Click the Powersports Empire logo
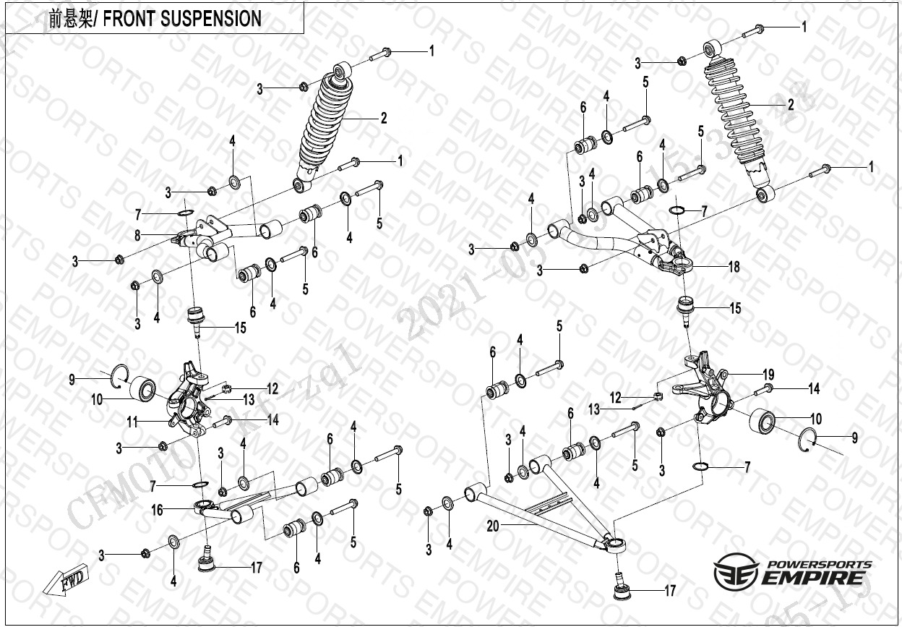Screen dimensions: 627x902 [793, 573]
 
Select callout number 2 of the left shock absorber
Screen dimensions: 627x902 [384, 118]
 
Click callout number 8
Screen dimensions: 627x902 [137, 234]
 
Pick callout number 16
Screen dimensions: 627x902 [156, 511]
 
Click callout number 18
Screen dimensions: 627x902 [734, 267]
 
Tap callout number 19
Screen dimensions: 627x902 [768, 375]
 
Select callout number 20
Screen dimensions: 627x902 [492, 527]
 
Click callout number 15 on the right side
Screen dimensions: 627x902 [734, 309]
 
